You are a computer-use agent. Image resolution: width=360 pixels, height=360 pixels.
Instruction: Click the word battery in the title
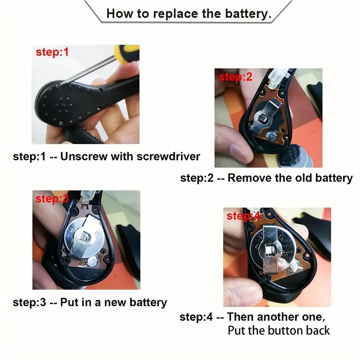click(x=248, y=14)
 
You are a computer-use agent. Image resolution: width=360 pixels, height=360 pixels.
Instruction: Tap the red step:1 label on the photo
click(x=52, y=52)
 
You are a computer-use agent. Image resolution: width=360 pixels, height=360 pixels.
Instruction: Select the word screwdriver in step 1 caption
click(x=168, y=157)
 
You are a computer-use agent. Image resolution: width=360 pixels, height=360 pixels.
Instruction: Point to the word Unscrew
click(x=84, y=157)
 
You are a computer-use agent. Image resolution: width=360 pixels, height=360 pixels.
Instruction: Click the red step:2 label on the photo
click(x=235, y=77)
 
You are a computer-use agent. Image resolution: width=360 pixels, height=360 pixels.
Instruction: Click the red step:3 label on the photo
click(x=52, y=199)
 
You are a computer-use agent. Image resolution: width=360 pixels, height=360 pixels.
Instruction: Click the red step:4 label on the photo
click(x=243, y=216)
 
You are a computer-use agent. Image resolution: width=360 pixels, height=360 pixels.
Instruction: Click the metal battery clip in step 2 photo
click(x=267, y=115)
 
